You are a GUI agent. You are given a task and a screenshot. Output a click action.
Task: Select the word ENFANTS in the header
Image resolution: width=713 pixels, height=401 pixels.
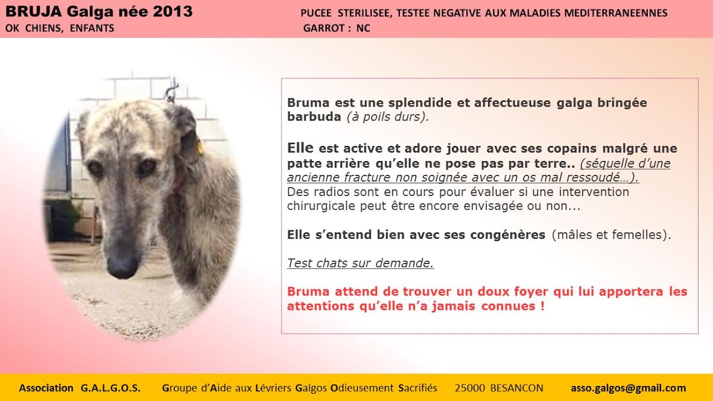click(x=92, y=28)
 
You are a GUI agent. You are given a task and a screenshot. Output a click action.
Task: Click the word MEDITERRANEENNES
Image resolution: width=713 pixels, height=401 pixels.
click(x=616, y=13)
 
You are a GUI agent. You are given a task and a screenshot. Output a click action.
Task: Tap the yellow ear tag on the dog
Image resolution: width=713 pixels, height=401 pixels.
click(x=200, y=147)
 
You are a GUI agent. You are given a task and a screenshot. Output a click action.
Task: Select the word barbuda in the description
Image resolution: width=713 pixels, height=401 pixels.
click(x=314, y=117)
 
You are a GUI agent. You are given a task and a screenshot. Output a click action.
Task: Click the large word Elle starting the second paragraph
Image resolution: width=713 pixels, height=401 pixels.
click(x=300, y=148)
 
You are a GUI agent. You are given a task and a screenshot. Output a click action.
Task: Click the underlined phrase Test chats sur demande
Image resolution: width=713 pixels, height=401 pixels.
click(x=360, y=264)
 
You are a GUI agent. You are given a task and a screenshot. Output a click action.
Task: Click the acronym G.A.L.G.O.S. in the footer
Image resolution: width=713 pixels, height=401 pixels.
click(x=110, y=388)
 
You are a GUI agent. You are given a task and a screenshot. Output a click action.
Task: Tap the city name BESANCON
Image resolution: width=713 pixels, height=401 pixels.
click(x=516, y=388)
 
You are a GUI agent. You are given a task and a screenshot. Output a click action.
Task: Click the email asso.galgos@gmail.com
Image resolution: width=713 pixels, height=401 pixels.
click(x=629, y=388)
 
